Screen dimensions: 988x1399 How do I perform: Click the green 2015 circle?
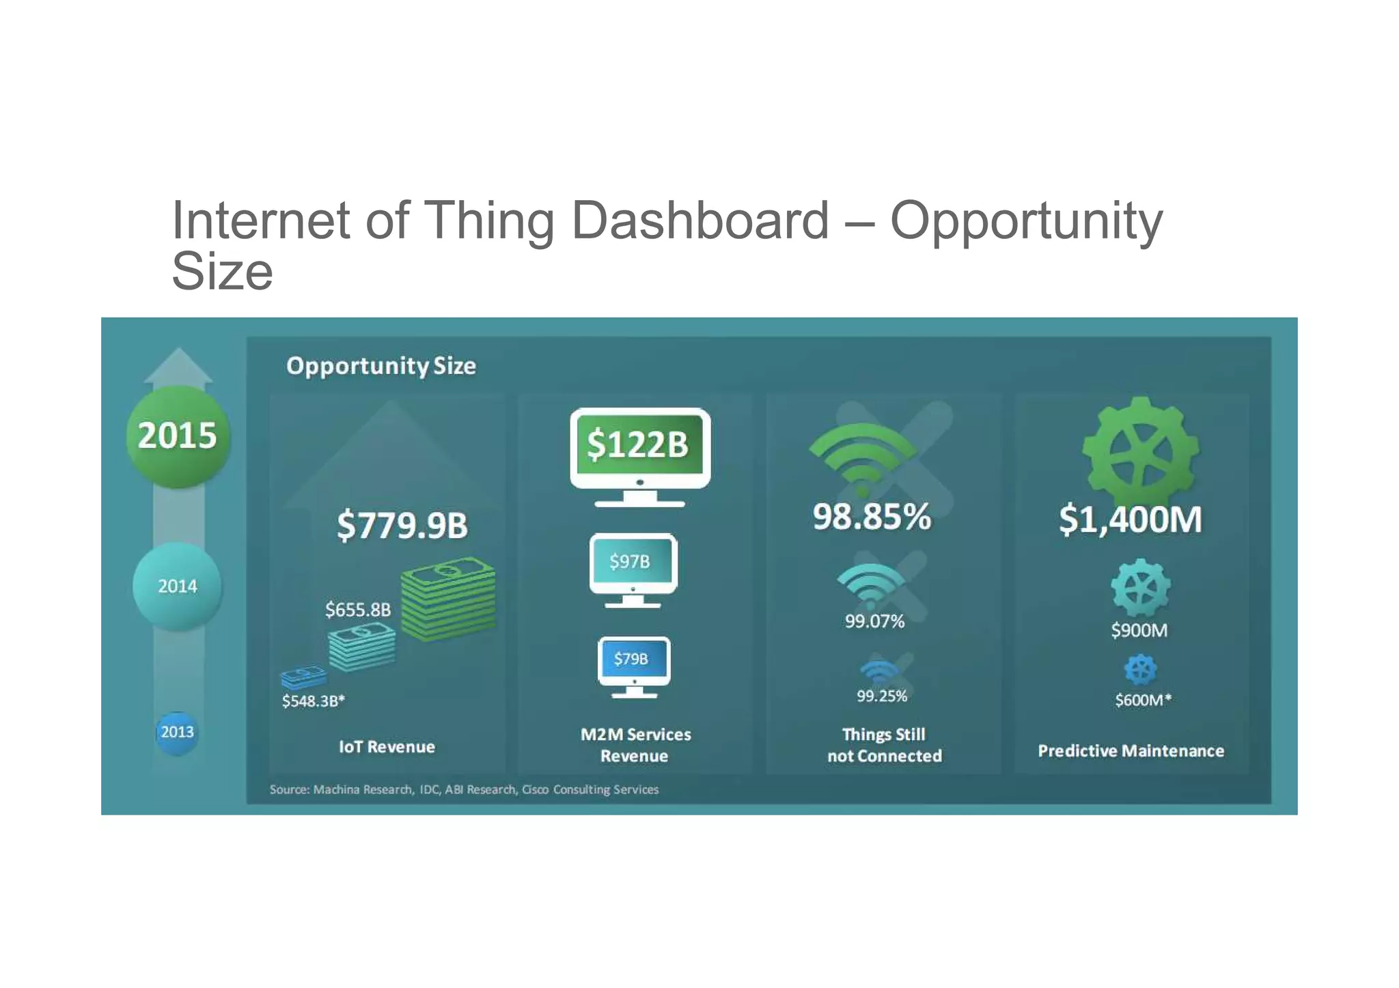[178, 436]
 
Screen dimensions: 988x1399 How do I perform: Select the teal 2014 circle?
[178, 586]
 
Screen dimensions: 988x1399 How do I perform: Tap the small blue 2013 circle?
[178, 732]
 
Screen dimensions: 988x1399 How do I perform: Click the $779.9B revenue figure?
[402, 525]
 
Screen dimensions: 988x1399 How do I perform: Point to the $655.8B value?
[358, 609]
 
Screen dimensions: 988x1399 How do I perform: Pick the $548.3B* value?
[314, 701]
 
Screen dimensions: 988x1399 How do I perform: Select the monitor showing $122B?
[639, 455]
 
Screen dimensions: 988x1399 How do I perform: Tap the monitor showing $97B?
[633, 569]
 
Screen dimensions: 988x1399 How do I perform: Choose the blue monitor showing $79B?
[634, 666]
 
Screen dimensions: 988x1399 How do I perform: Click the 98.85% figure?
[872, 517]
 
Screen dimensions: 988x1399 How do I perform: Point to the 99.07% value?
[874, 621]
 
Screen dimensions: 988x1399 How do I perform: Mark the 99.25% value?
[882, 696]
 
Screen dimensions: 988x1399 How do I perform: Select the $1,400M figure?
[1131, 519]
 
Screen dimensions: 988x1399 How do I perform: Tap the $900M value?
[1139, 630]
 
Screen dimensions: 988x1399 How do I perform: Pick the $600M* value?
[1143, 700]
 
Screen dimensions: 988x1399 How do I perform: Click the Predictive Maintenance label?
[1131, 750]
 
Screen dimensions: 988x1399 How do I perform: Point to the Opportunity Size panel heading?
[381, 366]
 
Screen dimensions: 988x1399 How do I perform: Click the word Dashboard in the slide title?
[699, 221]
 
